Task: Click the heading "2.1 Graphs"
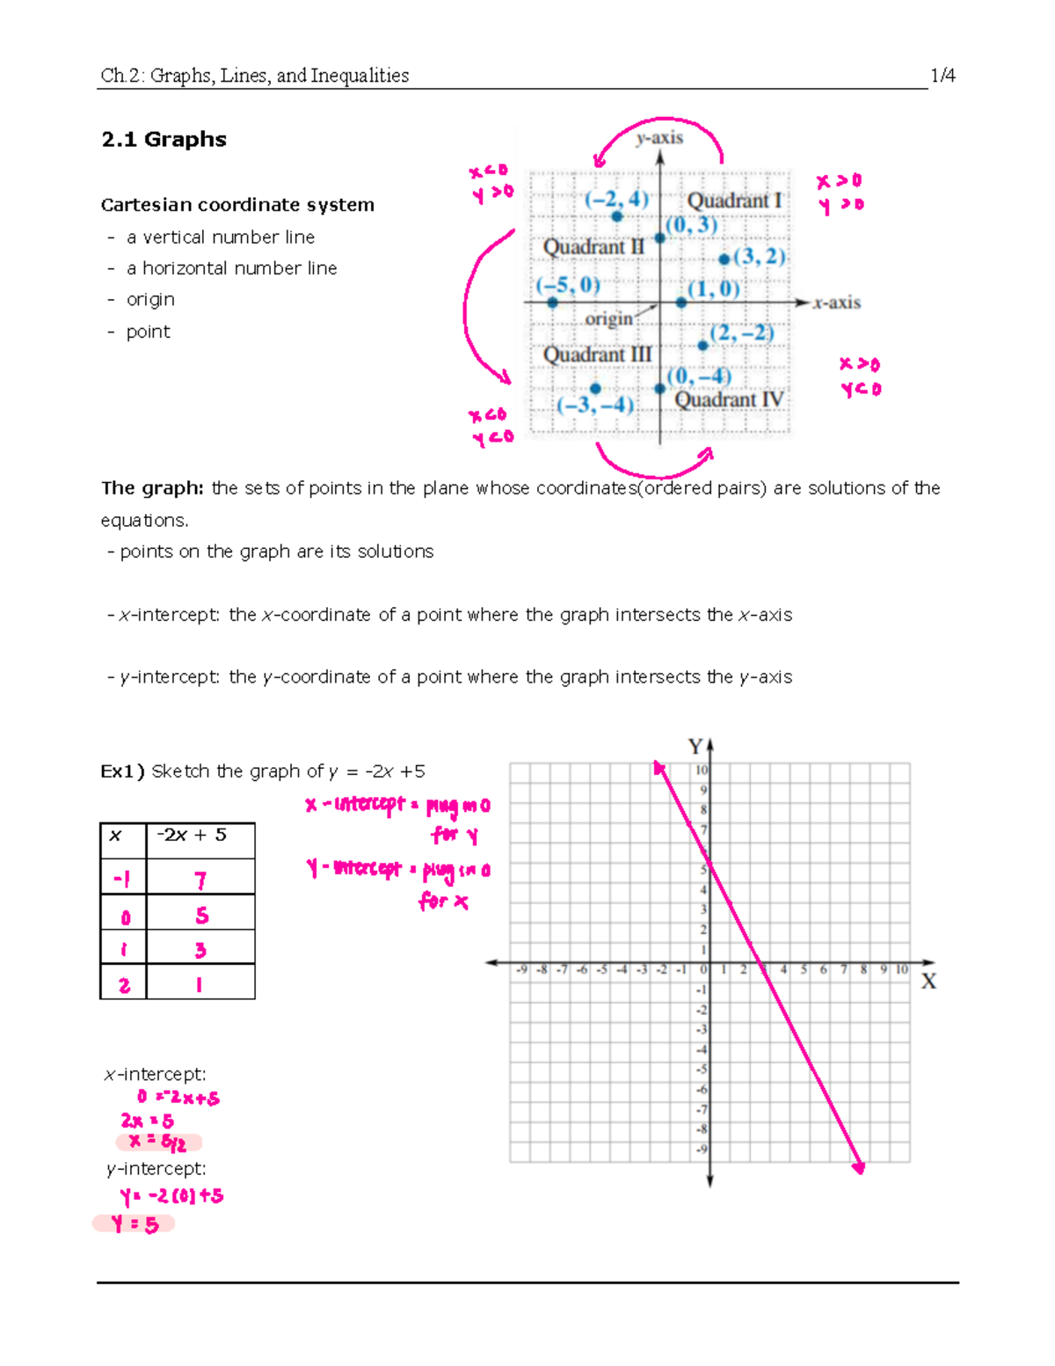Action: pos(164,140)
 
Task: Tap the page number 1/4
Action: pos(942,76)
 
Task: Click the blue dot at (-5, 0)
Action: pos(552,303)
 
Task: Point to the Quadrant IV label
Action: pos(729,400)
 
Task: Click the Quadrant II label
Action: pos(593,247)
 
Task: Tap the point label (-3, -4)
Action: pos(595,405)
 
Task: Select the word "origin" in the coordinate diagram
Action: pos(608,319)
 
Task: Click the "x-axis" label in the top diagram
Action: pos(836,303)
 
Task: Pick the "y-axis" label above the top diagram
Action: pos(659,137)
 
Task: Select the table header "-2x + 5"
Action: pos(192,835)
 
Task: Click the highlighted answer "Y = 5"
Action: pos(135,1224)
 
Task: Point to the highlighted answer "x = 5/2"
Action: pos(158,1143)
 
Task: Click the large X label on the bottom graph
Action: pos(928,982)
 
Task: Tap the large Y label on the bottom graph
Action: pos(695,747)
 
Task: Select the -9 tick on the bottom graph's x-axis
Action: pos(521,970)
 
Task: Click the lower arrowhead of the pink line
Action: pos(859,1167)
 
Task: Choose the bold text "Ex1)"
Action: pos(122,771)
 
